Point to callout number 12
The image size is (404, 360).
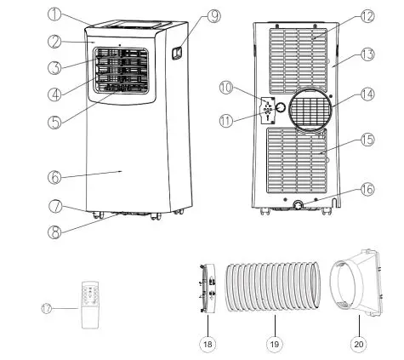point(343,15)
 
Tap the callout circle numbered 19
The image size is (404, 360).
point(275,345)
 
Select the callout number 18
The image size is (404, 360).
point(207,345)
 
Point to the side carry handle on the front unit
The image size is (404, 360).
point(177,54)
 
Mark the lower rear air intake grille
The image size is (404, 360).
point(298,162)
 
